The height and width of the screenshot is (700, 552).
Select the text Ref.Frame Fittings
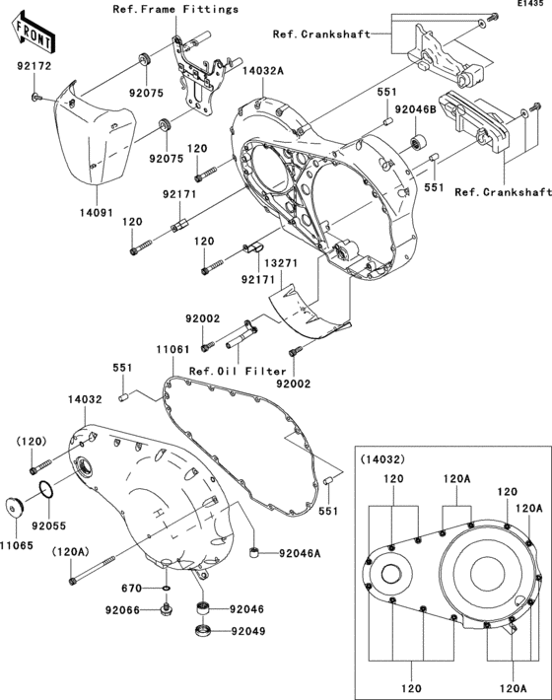tap(175, 9)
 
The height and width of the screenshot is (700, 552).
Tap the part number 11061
tap(175, 349)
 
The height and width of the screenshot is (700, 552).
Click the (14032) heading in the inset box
tap(379, 459)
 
